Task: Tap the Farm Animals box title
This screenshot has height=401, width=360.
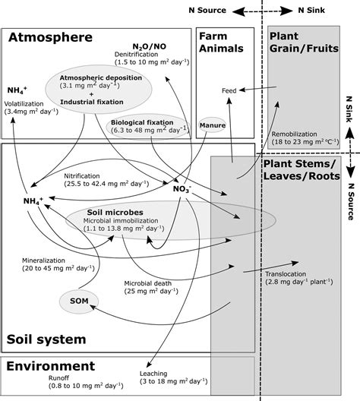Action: [x=222, y=42]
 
